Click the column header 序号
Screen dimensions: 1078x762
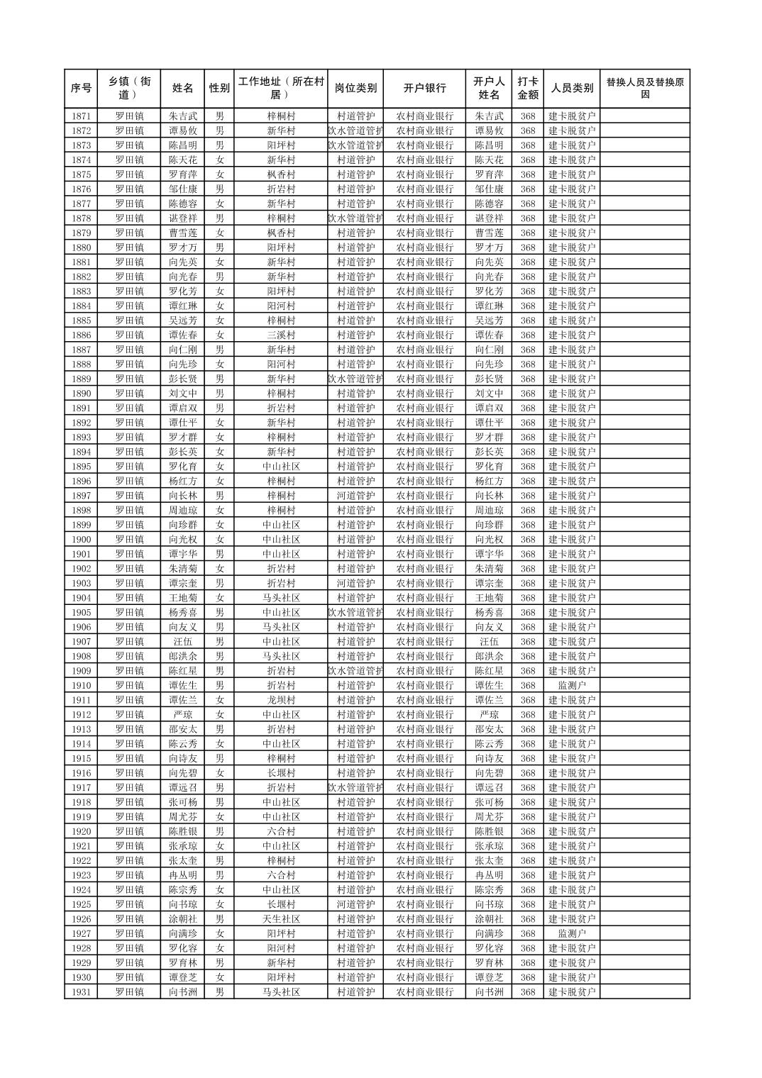81,89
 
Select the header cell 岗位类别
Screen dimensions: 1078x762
355,89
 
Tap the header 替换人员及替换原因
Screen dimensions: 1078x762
644,89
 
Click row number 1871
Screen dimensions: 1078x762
81,116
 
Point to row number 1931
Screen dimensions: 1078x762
81,992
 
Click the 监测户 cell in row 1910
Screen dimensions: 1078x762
572,686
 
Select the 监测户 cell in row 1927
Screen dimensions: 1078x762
572,934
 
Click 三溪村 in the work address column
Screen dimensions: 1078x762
281,335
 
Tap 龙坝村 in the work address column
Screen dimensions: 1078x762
281,700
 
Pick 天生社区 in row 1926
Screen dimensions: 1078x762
281,919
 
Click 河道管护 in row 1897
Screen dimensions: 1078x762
355,496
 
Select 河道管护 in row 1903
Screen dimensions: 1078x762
355,583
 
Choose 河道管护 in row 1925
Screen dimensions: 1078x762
355,904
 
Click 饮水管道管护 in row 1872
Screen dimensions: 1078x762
355,130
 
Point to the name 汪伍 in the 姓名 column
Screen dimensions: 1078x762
182,642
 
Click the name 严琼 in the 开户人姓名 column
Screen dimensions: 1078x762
489,715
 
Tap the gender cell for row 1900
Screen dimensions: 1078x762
220,540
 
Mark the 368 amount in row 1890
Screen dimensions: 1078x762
527,394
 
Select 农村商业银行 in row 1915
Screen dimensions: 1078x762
424,759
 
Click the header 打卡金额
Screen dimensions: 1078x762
527,89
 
